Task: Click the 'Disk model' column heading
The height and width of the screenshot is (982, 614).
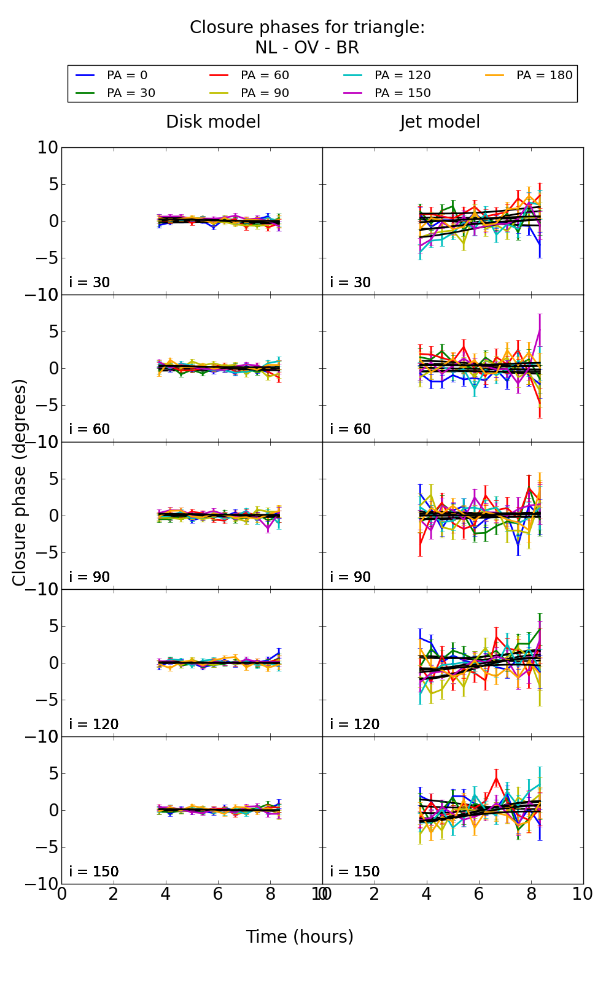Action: pos(213,122)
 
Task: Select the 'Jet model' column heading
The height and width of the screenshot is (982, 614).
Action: pos(440,122)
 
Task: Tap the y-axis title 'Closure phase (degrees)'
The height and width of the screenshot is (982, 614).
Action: pos(20,482)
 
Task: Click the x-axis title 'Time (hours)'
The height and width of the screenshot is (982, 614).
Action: pos(300,937)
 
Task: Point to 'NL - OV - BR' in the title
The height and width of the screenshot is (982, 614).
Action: pos(307,48)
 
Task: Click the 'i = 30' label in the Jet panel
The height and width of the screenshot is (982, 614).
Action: pos(350,282)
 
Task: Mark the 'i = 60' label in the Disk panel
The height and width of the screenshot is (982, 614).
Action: pos(90,429)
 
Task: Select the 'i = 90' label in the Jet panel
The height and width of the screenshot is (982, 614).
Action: pos(350,577)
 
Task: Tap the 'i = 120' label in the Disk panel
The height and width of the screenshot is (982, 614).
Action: pos(93,724)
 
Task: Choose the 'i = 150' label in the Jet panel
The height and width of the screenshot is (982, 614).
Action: pos(354,872)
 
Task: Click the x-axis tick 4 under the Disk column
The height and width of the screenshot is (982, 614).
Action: pos(166,894)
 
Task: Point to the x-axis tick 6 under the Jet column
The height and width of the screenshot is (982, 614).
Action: pos(479,894)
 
